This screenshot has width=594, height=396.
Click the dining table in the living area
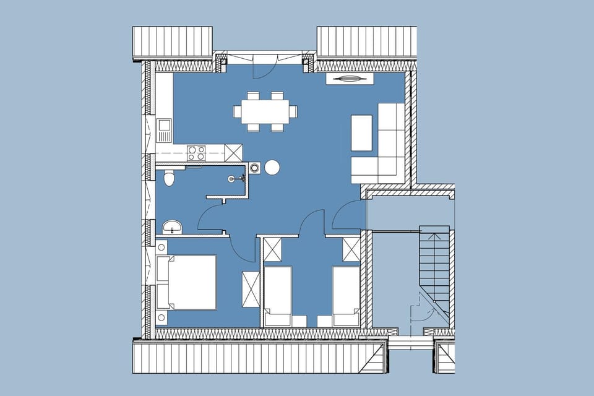(265, 112)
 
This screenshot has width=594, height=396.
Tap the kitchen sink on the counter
(164, 129)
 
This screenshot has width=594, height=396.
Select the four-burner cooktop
(196, 152)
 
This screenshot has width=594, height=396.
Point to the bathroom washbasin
(172, 227)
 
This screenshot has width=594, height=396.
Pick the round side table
(272, 167)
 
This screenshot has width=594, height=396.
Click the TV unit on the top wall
(350, 79)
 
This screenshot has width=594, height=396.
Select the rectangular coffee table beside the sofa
(361, 132)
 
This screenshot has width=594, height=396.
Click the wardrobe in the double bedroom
(251, 289)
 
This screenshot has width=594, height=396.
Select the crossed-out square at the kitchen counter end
(233, 152)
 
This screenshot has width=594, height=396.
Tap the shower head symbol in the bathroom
(233, 179)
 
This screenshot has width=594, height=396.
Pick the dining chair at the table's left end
(236, 112)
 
